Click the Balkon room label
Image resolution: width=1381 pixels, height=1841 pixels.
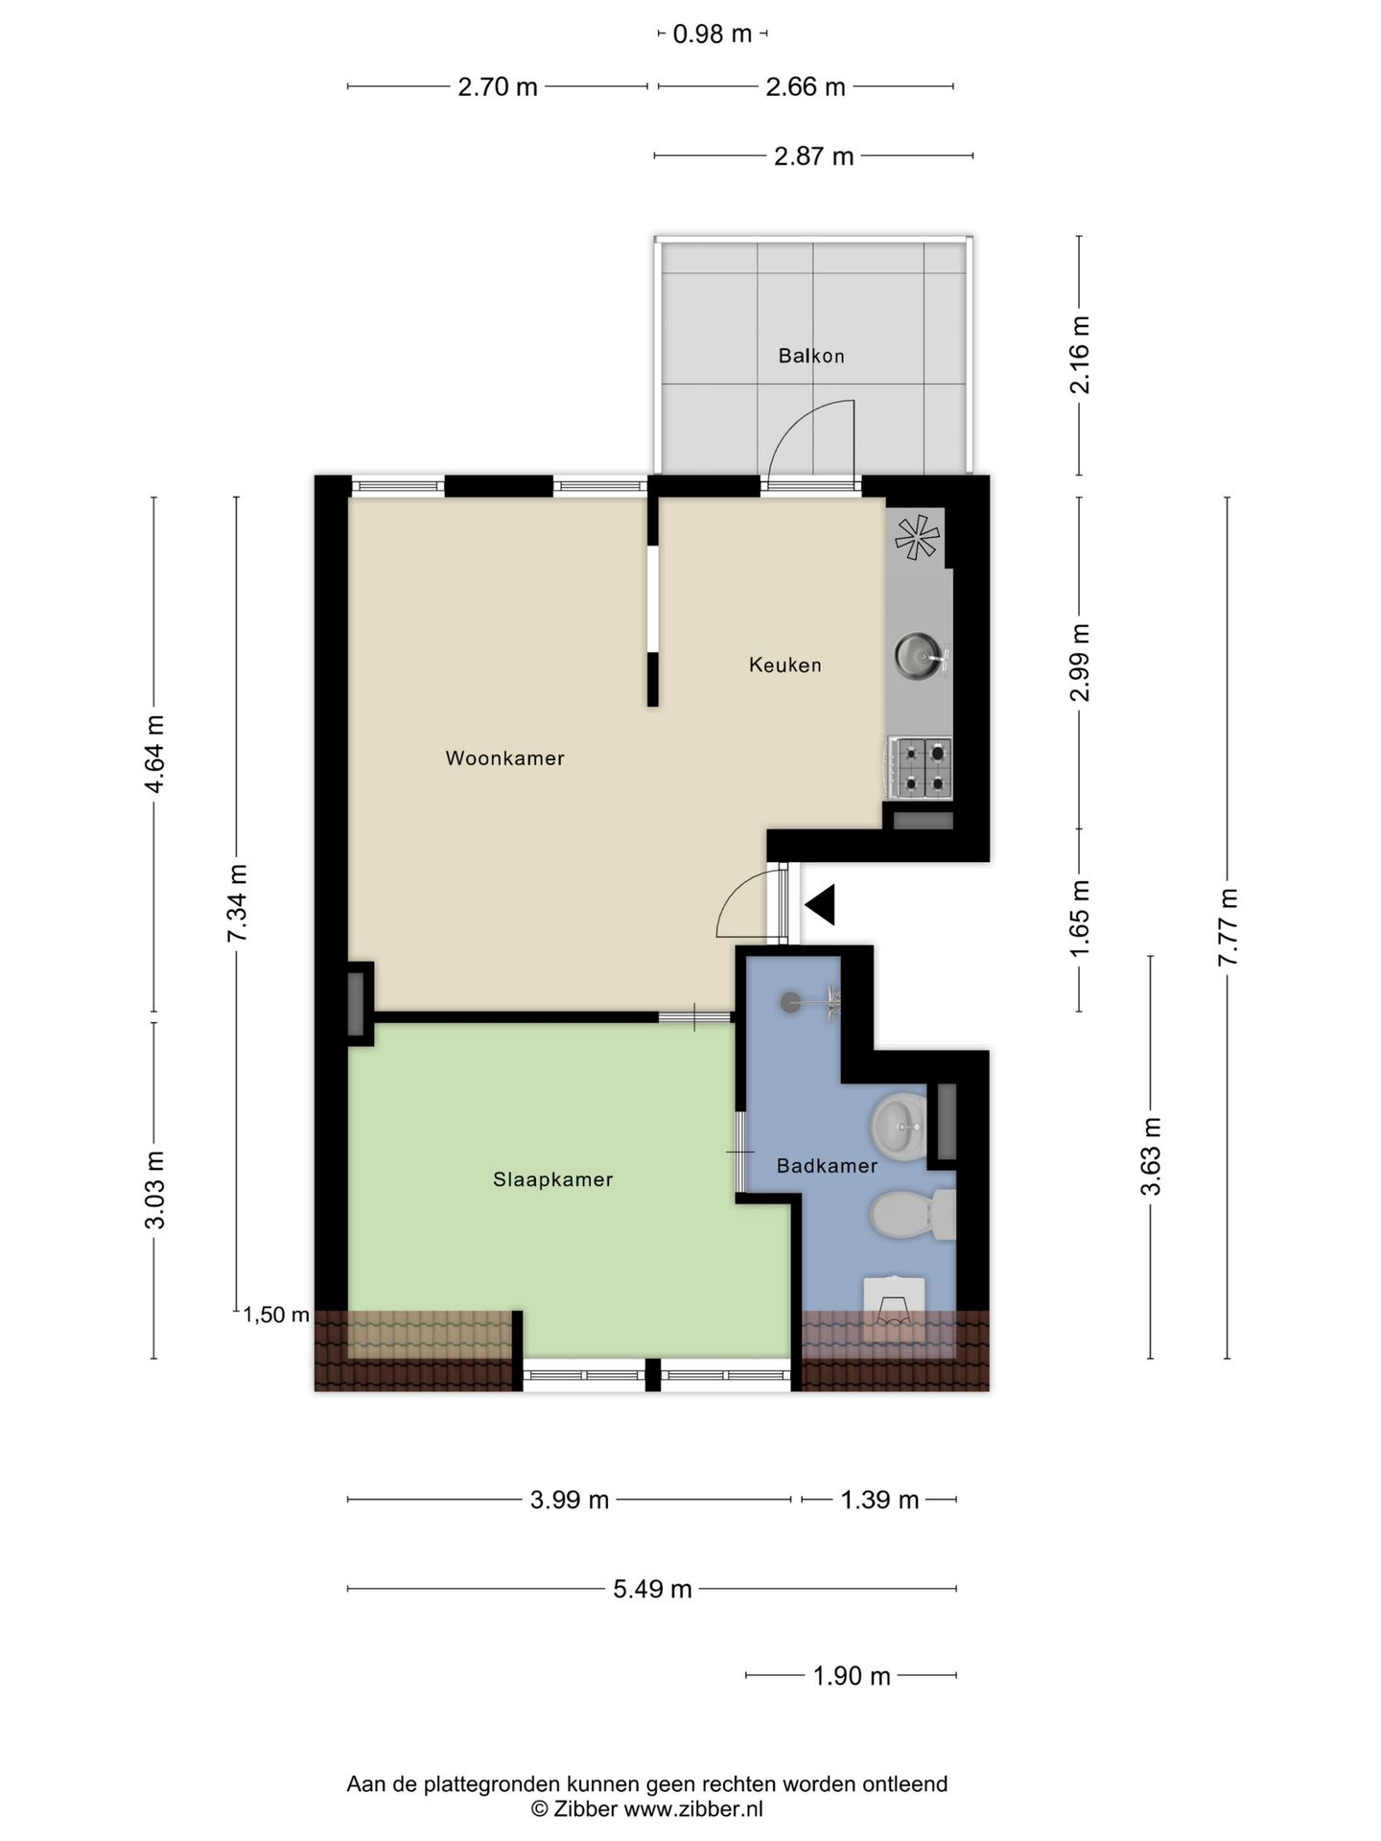pyautogui.click(x=811, y=356)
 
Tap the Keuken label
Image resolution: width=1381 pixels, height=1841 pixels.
pyautogui.click(x=785, y=664)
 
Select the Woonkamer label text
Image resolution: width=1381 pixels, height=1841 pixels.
pyautogui.click(x=504, y=758)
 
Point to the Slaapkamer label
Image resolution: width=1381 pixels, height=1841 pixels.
pyautogui.click(x=552, y=1179)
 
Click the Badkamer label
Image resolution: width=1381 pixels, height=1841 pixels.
pyautogui.click(x=827, y=1166)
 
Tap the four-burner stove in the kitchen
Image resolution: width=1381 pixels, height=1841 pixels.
pyautogui.click(x=920, y=767)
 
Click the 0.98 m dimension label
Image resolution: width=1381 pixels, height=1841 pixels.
pyautogui.click(x=713, y=35)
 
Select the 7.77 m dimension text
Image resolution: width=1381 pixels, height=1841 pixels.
pyautogui.click(x=1228, y=927)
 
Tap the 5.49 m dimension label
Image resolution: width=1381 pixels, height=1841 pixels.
pyautogui.click(x=652, y=1589)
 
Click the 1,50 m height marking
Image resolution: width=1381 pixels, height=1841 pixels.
pyautogui.click(x=276, y=1315)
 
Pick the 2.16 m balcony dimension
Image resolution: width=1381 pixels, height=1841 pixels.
pyautogui.click(x=1080, y=355)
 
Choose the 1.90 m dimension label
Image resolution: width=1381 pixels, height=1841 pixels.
pyautogui.click(x=852, y=1675)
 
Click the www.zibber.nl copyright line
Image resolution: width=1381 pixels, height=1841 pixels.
pyautogui.click(x=647, y=1809)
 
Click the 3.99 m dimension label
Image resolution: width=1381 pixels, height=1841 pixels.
pyautogui.click(x=570, y=1500)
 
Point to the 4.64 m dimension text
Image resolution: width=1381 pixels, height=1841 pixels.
pyautogui.click(x=153, y=754)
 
